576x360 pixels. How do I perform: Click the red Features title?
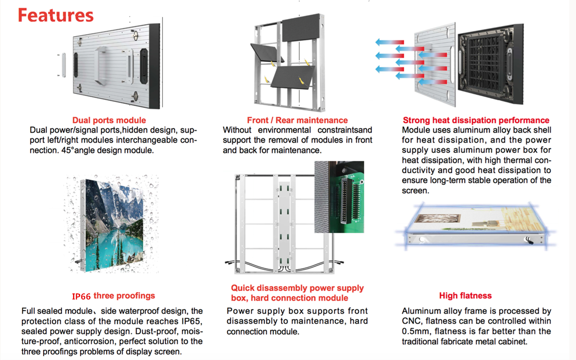pyautogui.click(x=56, y=15)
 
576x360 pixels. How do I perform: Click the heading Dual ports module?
pyautogui.click(x=109, y=120)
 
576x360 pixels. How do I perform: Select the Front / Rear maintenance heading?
pyautogui.click(x=297, y=120)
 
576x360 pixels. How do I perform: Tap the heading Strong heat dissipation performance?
pyautogui.click(x=476, y=120)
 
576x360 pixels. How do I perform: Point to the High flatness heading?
pyautogui.click(x=465, y=296)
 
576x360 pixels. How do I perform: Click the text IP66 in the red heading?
pyautogui.click(x=81, y=296)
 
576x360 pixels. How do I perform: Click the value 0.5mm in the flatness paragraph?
pyautogui.click(x=415, y=331)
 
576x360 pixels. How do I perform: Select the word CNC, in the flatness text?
pyautogui.click(x=411, y=321)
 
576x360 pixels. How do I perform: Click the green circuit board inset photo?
pyautogui.click(x=339, y=197)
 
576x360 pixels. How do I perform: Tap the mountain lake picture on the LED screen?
pyautogui.click(x=114, y=225)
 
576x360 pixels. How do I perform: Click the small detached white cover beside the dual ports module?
pyautogui.click(x=63, y=65)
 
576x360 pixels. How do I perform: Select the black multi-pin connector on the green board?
pyautogui.click(x=346, y=201)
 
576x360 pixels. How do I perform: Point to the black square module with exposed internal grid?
pyautogui.click(x=490, y=64)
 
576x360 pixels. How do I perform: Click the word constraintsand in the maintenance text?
pyautogui.click(x=345, y=130)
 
